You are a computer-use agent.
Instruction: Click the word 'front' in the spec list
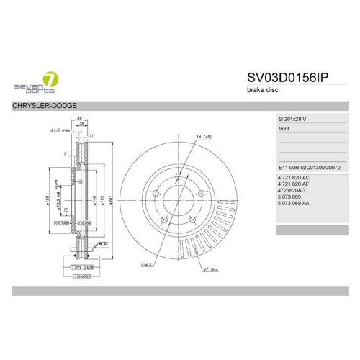click(x=284, y=129)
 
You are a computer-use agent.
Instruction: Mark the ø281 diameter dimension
click(x=110, y=194)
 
